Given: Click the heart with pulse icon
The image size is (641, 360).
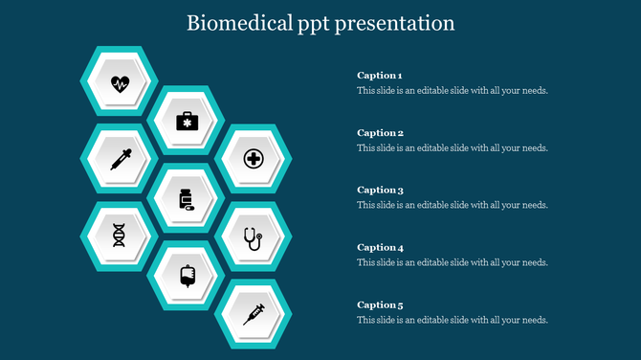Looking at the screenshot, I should [x=120, y=82].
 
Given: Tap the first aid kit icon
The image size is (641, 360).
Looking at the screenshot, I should [x=187, y=121].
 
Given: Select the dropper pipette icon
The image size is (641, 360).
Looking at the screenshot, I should [x=120, y=159].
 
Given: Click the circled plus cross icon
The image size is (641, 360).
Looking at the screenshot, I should [x=253, y=159].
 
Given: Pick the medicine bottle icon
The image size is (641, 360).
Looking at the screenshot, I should [x=187, y=199].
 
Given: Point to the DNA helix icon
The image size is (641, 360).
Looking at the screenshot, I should [x=120, y=236].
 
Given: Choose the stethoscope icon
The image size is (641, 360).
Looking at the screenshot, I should [x=253, y=237].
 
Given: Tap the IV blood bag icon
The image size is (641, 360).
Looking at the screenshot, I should [x=187, y=276].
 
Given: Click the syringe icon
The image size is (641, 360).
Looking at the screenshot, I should [x=253, y=313].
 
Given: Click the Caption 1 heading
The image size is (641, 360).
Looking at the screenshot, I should [x=379, y=76].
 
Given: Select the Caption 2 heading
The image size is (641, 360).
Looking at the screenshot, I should [x=379, y=133].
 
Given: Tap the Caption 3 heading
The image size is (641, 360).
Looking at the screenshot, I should [x=379, y=190].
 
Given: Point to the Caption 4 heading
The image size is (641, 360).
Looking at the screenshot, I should [x=379, y=247].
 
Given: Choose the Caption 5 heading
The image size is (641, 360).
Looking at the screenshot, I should [x=379, y=304].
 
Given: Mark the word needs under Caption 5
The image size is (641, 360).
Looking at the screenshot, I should [x=534, y=320].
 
